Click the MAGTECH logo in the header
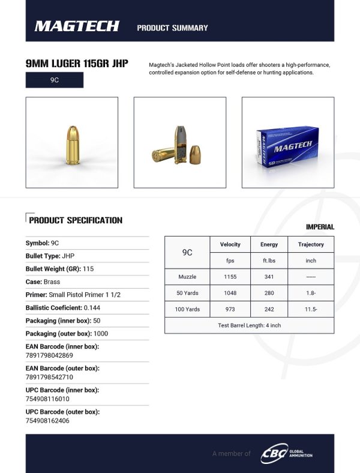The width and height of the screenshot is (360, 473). [77, 26]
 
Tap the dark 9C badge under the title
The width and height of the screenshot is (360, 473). [54, 80]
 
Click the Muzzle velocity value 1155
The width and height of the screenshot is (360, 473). [230, 278]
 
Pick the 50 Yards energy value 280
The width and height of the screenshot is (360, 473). [269, 294]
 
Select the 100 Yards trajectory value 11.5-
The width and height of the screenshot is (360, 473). [311, 309]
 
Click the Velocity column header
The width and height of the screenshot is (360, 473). [230, 245]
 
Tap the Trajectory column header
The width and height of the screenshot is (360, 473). [311, 245]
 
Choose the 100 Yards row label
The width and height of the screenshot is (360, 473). [187, 309]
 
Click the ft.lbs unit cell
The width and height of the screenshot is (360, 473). [269, 261]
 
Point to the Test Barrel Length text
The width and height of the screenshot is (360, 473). [249, 325]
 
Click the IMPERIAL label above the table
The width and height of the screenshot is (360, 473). [320, 227]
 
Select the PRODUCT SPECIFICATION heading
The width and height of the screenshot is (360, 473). [76, 220]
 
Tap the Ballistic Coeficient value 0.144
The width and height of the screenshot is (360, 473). [93, 307]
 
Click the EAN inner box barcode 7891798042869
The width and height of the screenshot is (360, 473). [50, 355]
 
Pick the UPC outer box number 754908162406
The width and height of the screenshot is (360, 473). [47, 421]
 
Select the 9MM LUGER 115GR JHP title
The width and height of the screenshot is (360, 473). [77, 64]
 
